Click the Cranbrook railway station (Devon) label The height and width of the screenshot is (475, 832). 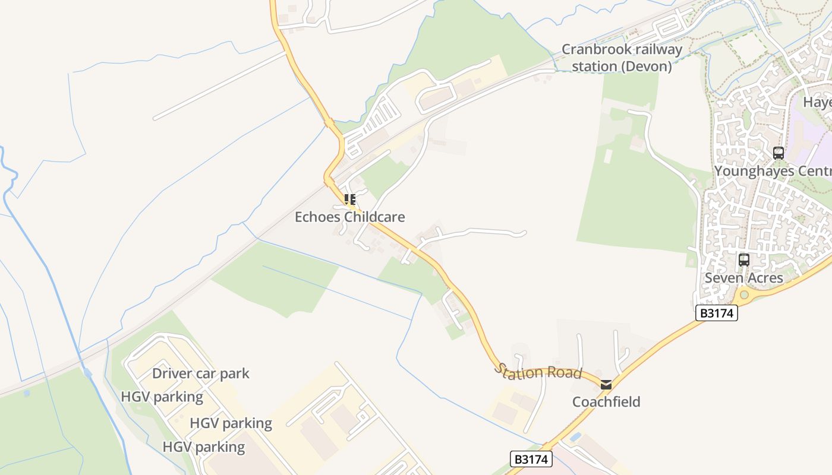coord(622,58)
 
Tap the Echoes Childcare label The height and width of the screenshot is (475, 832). coord(349,217)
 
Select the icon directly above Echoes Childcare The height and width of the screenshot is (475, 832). coord(350,199)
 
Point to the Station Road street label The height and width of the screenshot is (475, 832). coord(538,372)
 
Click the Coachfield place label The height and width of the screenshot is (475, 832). coord(606,402)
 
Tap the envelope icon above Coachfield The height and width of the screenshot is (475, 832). coord(606,385)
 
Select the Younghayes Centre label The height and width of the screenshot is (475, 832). coord(773,171)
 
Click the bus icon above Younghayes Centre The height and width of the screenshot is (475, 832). coord(779,153)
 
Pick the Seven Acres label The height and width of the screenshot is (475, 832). coord(743,278)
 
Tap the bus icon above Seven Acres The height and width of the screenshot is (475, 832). coord(743,259)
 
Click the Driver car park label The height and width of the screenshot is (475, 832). coord(201,373)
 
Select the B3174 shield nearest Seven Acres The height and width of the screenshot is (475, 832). coord(716,313)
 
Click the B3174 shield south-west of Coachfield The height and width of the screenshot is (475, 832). coord(531,459)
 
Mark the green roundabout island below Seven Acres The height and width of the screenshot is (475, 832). coord(744,294)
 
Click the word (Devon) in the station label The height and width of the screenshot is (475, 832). coord(647,66)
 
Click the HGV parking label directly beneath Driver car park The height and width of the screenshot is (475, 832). coord(162,397)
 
